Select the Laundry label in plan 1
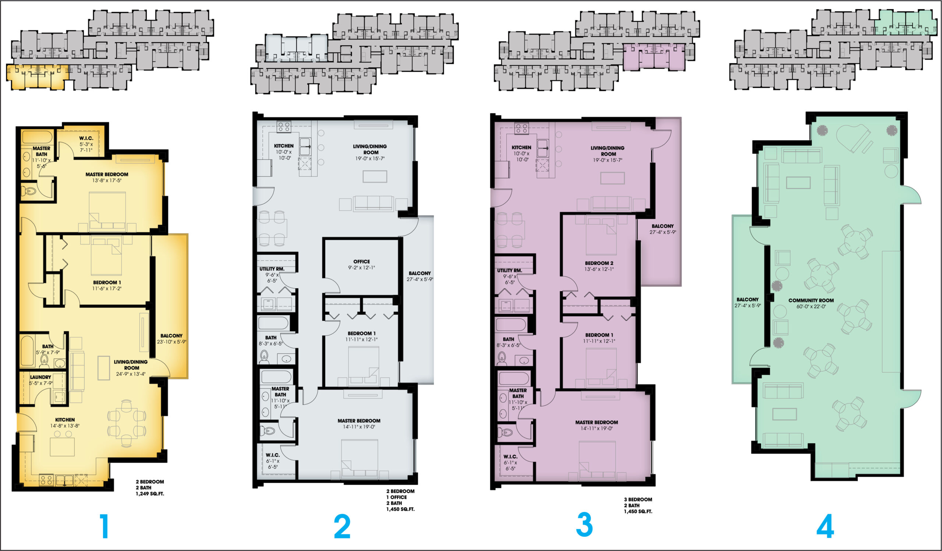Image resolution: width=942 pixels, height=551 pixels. click(40, 377)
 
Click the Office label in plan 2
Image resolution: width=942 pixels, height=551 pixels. click(361, 262)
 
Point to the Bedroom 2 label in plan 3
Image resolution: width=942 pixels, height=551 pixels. click(599, 263)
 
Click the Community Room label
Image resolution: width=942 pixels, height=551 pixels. click(811, 300)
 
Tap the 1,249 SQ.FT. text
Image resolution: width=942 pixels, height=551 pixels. click(150, 494)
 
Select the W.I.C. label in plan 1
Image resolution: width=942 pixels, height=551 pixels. click(86, 138)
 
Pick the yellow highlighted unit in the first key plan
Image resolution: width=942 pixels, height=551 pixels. click(38, 77)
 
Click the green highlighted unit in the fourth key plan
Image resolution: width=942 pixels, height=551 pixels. click(903, 22)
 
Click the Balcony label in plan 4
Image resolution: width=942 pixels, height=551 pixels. click(748, 299)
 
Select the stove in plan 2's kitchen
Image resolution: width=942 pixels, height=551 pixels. click(284, 127)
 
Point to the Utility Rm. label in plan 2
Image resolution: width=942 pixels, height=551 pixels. click(272, 269)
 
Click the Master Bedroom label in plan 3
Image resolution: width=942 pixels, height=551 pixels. click(596, 423)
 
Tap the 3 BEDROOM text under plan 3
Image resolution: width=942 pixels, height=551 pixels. click(638, 499)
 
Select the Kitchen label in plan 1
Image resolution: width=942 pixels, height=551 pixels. click(65, 420)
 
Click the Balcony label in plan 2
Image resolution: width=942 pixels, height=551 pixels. click(420, 273)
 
